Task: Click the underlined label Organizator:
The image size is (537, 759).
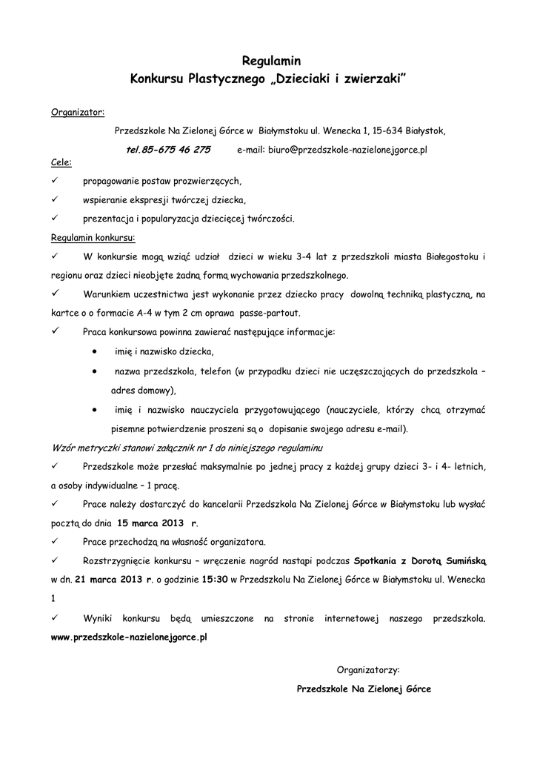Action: pyautogui.click(x=78, y=113)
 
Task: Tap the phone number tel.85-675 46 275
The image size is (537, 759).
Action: pyautogui.click(x=168, y=149)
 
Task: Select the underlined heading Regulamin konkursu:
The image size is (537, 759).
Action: pyautogui.click(x=93, y=239)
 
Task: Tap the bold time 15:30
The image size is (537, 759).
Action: pyautogui.click(x=215, y=579)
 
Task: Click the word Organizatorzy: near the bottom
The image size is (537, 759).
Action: pyautogui.click(x=367, y=669)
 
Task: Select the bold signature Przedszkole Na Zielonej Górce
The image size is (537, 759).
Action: pyautogui.click(x=363, y=689)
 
